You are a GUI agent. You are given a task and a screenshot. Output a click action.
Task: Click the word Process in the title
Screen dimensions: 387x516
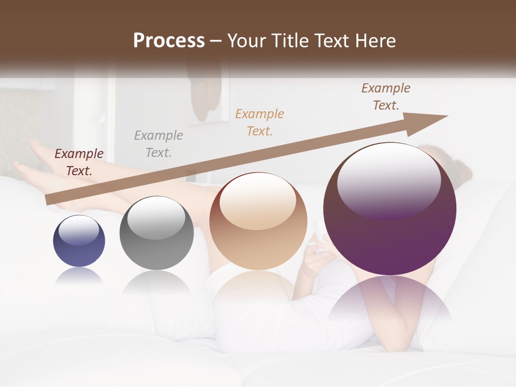169,41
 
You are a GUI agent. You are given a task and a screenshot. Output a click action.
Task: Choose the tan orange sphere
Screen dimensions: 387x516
258,221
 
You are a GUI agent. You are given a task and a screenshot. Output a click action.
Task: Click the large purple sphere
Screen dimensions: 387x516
390,210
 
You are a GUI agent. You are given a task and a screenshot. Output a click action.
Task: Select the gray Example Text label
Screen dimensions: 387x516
158,144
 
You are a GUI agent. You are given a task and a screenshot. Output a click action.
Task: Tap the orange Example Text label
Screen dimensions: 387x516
260,122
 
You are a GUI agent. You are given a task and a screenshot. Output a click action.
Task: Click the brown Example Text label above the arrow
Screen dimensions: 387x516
386,97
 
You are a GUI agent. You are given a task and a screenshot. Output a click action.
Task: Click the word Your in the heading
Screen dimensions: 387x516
246,41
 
